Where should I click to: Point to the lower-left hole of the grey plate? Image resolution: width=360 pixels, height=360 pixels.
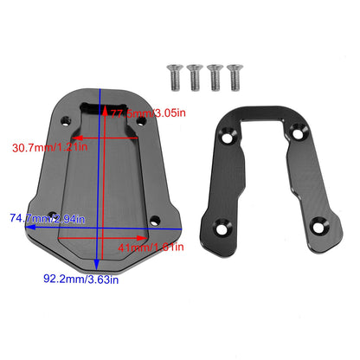tap(54, 214)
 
